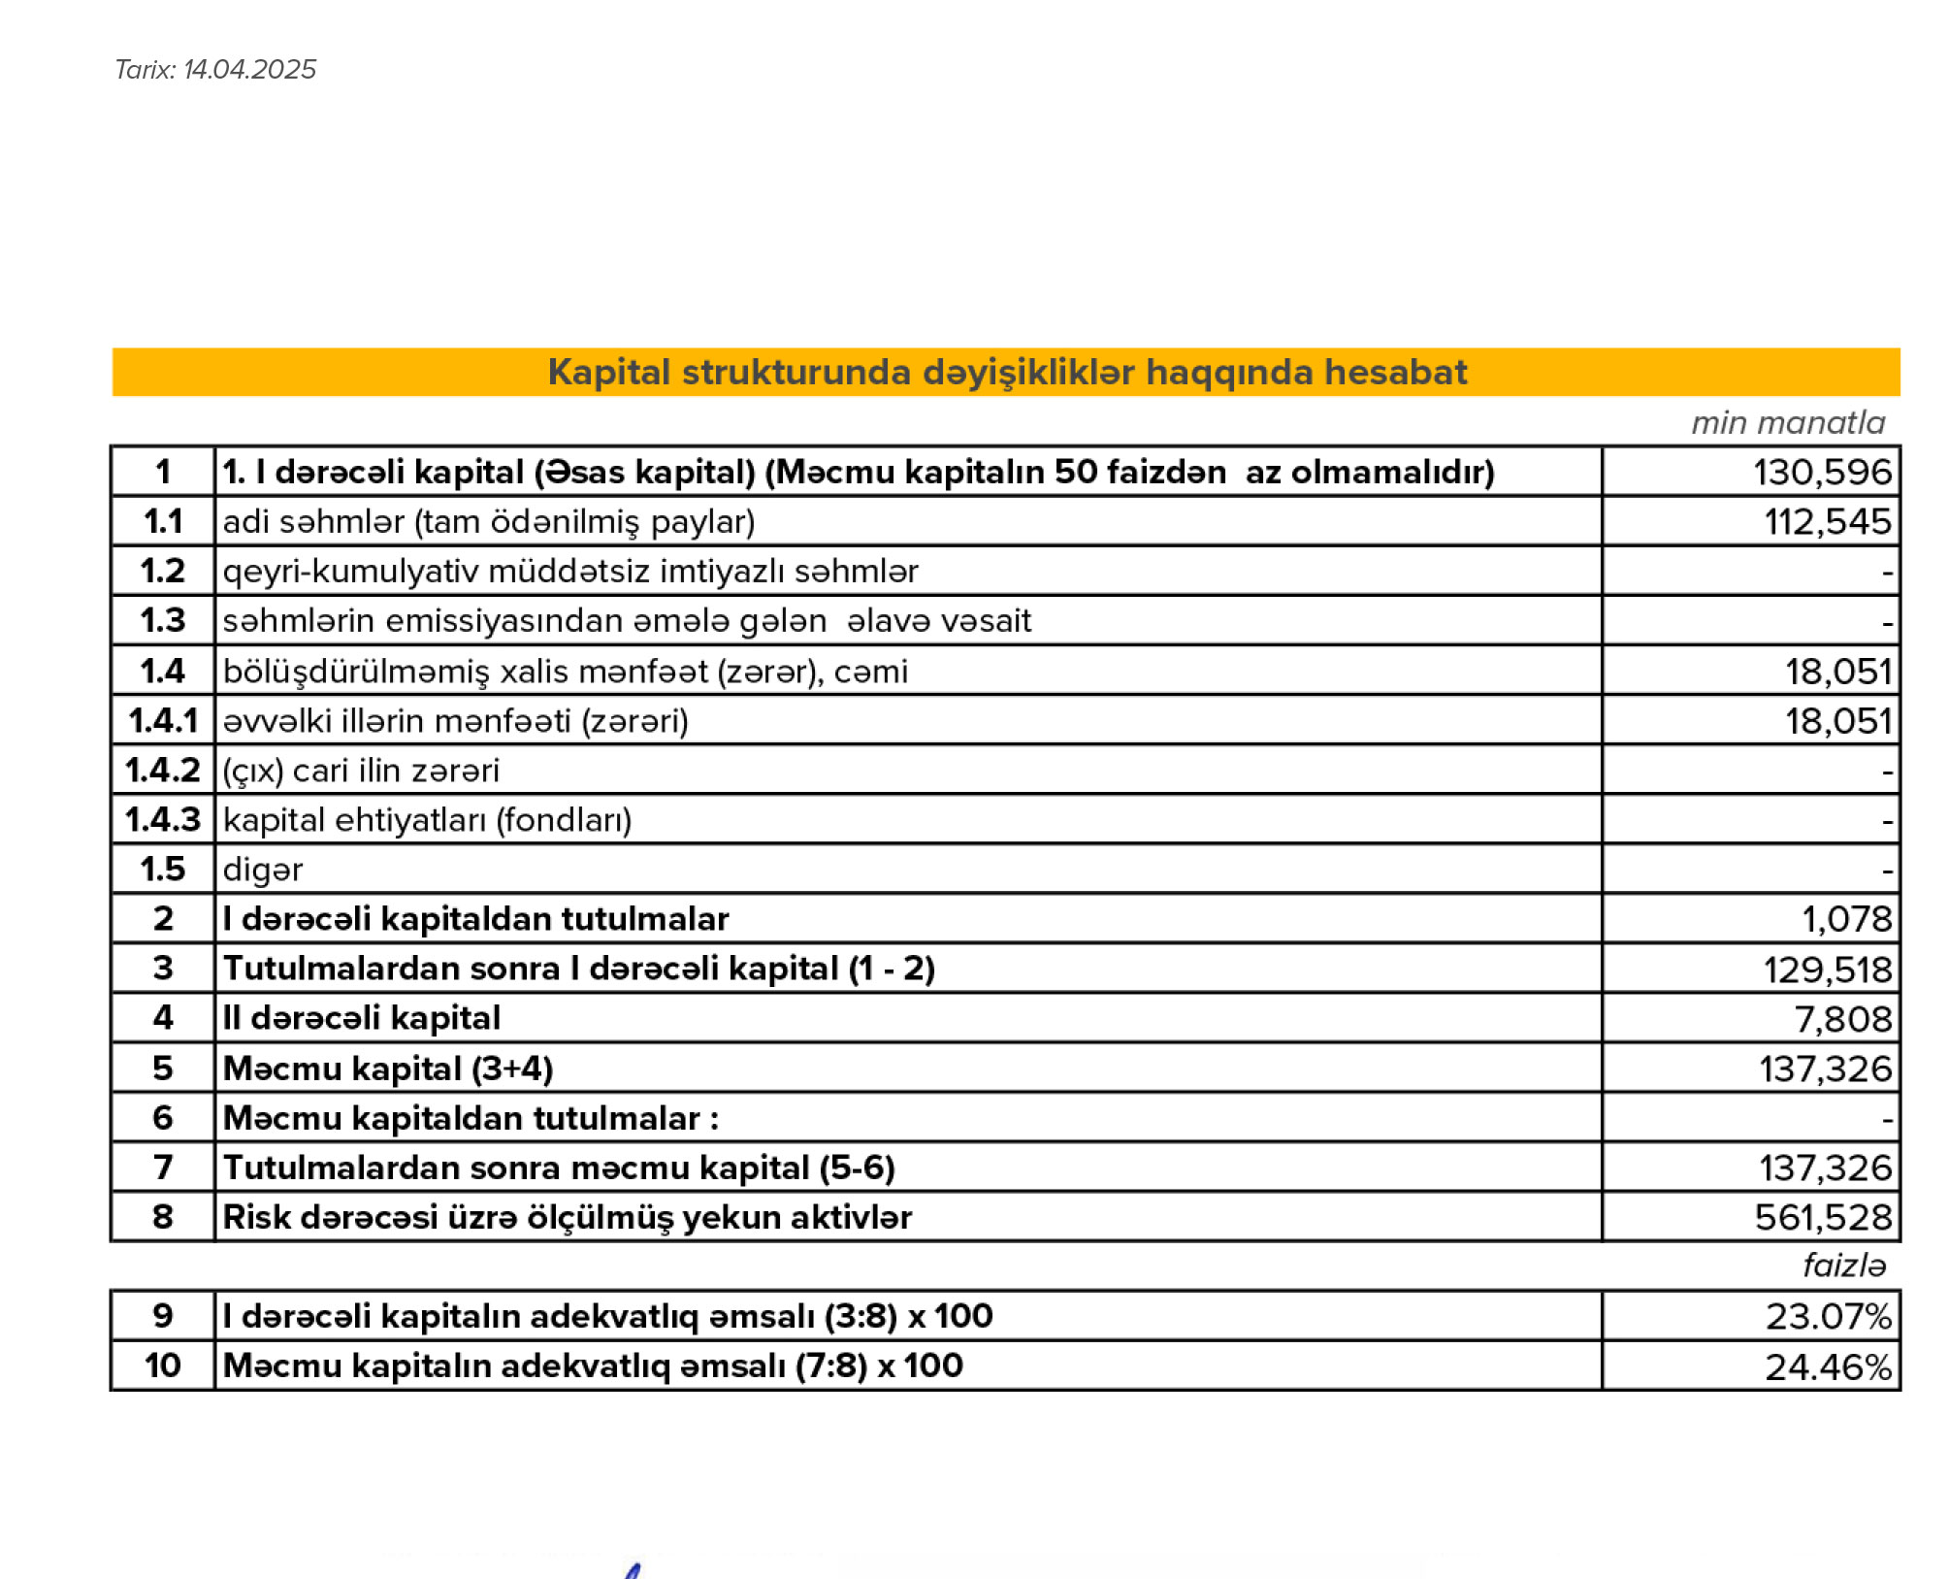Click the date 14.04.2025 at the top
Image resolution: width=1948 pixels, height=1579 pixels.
pos(249,70)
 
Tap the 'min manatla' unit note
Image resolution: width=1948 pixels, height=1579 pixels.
pos(1787,423)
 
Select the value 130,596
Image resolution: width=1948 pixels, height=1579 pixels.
pos(1821,473)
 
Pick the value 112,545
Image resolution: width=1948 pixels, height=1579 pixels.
pos(1826,522)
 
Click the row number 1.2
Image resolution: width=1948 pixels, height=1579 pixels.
pos(162,571)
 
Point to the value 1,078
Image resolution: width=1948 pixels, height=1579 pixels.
pos(1845,919)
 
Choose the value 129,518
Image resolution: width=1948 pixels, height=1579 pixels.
pos(1826,970)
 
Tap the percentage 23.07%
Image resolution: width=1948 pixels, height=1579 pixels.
pos(1827,1317)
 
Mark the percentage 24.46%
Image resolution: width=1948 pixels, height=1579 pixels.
pos(1827,1367)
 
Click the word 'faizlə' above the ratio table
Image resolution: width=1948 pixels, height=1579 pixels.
pos(1843,1266)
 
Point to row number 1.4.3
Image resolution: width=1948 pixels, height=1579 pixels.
pos(162,820)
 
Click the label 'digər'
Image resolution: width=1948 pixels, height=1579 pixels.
pos(262,870)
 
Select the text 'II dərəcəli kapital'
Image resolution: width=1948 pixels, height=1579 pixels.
pos(361,1018)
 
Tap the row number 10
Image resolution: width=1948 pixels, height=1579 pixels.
pos(162,1366)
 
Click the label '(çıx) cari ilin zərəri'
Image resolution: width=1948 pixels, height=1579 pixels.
pos(360,771)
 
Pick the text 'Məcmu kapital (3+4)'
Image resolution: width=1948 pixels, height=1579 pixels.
pos(387,1069)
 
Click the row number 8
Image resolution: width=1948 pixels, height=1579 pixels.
pos(162,1217)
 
